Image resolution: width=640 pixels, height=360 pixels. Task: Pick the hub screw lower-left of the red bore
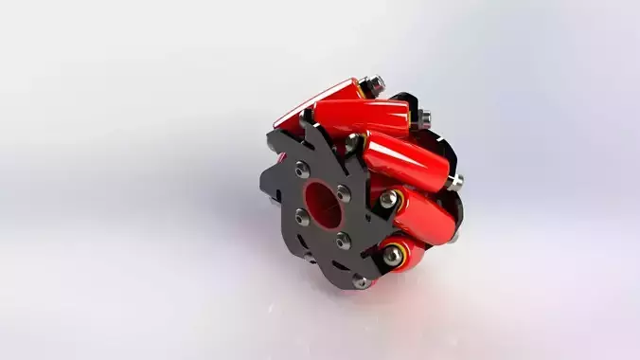(x=302, y=218)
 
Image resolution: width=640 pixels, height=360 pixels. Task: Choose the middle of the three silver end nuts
(x=425, y=117)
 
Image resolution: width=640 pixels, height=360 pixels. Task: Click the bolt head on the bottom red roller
(x=392, y=253)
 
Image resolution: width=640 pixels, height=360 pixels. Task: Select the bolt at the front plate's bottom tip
(x=361, y=281)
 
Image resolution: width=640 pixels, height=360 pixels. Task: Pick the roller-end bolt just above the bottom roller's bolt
(x=387, y=199)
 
